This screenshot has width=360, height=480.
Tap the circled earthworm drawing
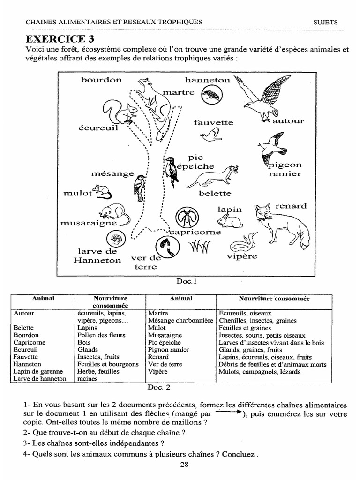(x=165, y=246)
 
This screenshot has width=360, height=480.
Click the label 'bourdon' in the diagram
(x=101, y=80)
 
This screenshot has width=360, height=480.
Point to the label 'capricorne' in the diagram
(x=195, y=232)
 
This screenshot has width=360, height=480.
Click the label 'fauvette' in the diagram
(x=213, y=123)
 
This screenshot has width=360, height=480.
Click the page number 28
(x=184, y=465)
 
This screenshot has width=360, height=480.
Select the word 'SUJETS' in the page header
(x=325, y=22)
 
